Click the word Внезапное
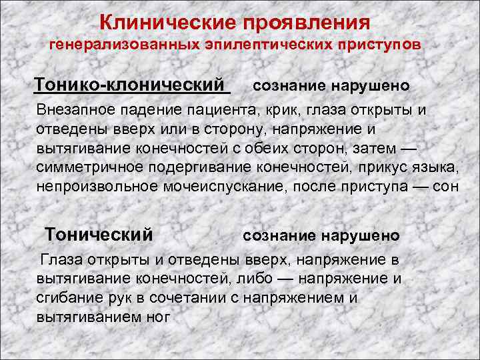point(77,109)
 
